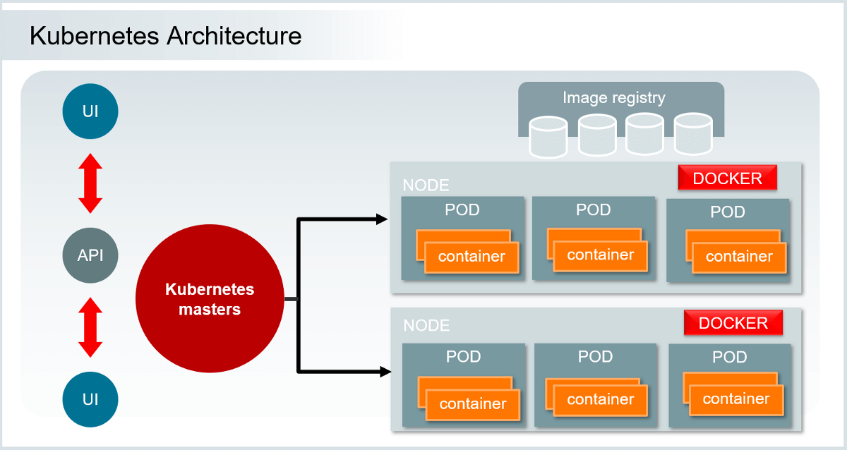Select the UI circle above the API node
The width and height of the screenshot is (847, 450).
90,111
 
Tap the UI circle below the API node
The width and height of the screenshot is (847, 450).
90,399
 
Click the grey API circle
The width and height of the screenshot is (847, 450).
90,255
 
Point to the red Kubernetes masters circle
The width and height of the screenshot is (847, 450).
210,300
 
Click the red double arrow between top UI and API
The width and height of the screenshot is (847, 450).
90,183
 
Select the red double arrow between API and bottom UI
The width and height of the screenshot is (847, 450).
90,327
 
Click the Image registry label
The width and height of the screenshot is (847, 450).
613,98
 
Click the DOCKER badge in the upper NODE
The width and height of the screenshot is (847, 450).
727,178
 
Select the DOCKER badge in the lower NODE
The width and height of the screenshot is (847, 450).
733,323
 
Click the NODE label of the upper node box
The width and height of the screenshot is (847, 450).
426,186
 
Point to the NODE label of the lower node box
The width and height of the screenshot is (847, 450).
426,326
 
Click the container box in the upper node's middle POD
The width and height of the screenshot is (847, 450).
600,255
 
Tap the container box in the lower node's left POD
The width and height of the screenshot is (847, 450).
472,403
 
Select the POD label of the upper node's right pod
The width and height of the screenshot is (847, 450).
728,212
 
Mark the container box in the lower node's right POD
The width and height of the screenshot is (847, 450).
735,399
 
